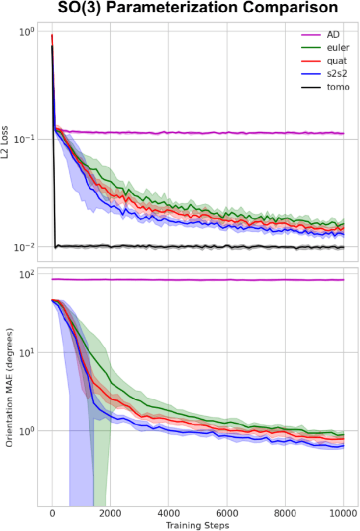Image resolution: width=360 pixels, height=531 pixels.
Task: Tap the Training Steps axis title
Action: click(197, 525)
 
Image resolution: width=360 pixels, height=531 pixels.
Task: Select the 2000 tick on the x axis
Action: click(111, 513)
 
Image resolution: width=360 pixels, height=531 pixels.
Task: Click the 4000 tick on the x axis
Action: click(169, 513)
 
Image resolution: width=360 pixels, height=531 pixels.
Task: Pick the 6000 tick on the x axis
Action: click(227, 513)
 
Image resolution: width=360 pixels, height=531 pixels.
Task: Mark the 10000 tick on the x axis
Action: click(343, 513)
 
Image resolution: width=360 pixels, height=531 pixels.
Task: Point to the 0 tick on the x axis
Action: click(52, 513)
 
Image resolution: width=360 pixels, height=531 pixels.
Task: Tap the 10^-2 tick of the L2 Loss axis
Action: click(26, 247)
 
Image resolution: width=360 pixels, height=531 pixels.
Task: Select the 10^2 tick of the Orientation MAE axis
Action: click(27, 274)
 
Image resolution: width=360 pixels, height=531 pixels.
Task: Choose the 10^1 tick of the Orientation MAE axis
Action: click(27, 352)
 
